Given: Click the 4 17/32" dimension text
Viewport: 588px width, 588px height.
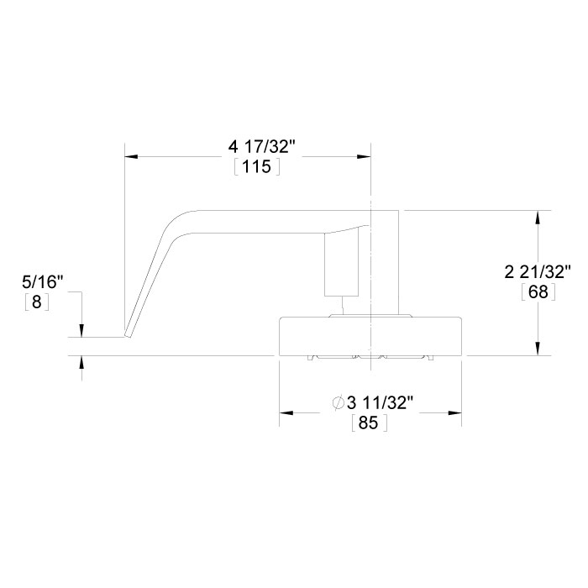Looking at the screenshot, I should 261,147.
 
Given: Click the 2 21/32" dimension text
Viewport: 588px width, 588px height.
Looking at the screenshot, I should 538,272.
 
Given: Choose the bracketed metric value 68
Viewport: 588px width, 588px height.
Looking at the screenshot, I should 537,292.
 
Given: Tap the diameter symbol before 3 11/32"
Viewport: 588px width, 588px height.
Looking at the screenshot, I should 338,404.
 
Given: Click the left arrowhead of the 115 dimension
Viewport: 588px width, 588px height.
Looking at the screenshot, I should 131,156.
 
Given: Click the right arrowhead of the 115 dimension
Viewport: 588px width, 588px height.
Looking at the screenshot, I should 365,156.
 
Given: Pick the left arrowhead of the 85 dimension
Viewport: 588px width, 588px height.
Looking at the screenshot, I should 286,413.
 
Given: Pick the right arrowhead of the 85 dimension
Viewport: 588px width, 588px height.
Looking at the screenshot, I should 456,413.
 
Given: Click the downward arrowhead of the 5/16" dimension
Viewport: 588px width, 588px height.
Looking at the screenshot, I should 81,331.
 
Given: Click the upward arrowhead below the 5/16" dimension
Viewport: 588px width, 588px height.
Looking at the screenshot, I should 81,362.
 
